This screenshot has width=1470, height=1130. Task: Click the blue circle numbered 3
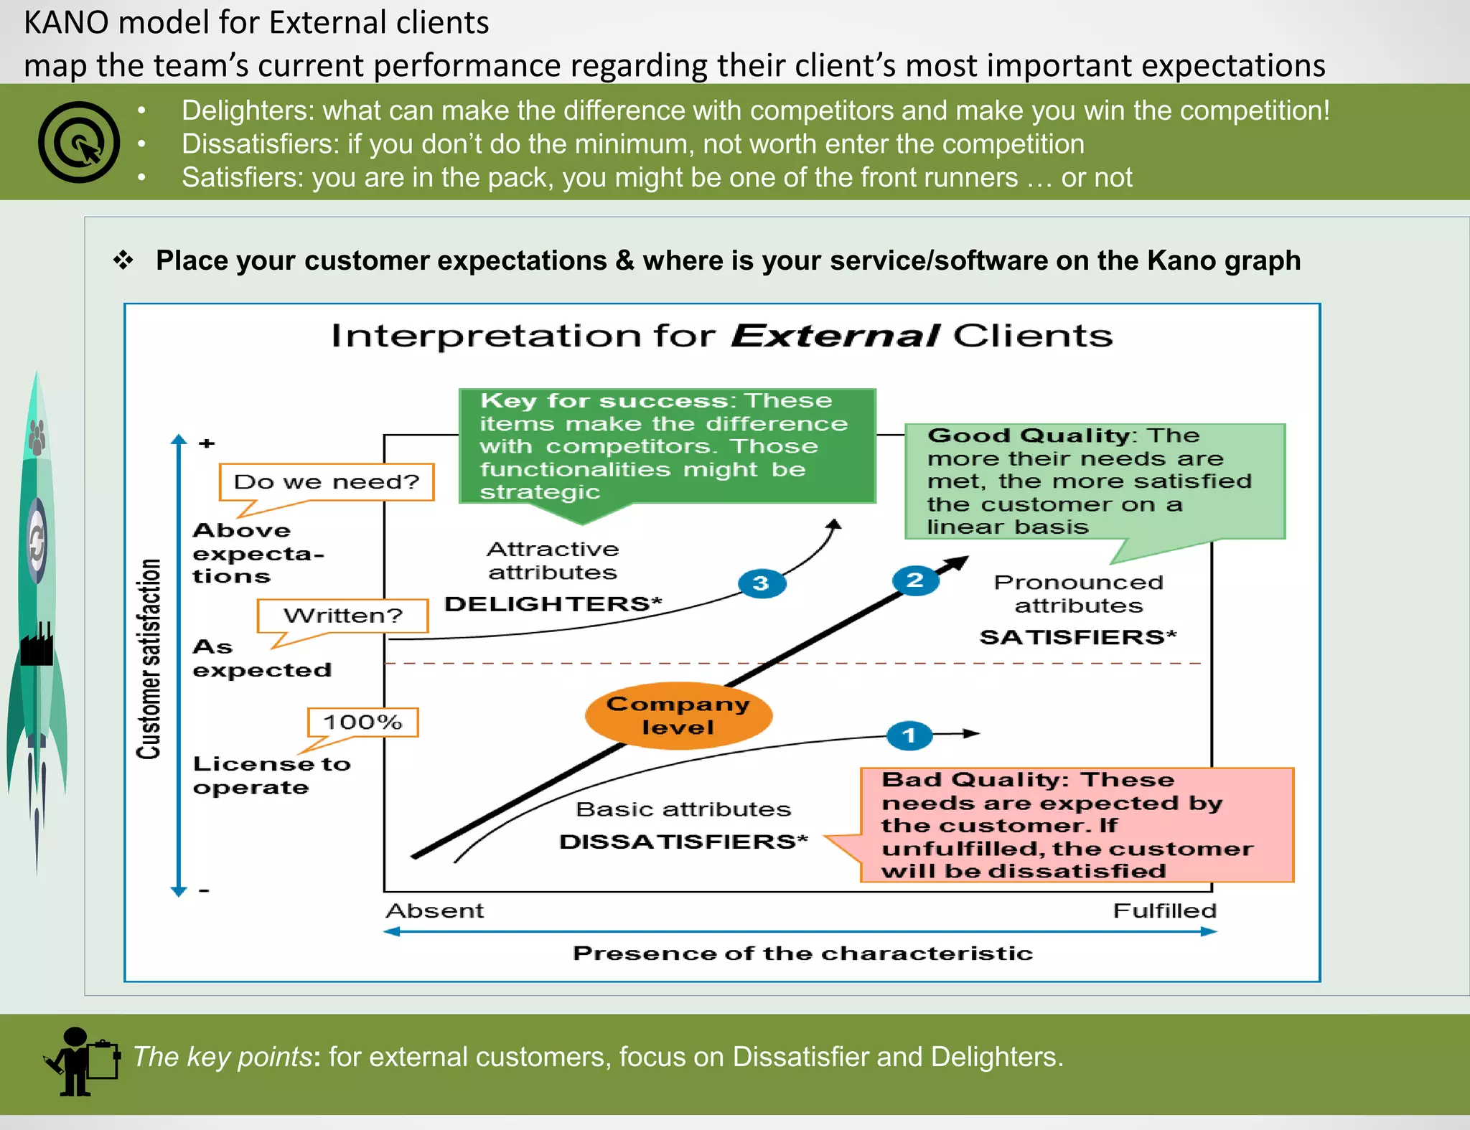(762, 583)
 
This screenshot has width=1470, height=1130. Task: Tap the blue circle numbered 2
(915, 580)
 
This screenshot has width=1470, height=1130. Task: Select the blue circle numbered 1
(909, 735)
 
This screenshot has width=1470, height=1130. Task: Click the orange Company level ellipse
(678, 715)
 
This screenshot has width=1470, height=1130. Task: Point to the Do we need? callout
(327, 482)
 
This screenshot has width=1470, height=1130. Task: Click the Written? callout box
(343, 616)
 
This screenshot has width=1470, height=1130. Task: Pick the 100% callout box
(362, 722)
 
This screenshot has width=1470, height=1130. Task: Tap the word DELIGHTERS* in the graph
(553, 604)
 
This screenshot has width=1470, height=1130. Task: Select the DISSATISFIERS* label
(683, 842)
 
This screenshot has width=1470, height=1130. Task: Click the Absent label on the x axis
(435, 910)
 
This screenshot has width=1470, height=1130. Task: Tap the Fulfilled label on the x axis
(1164, 910)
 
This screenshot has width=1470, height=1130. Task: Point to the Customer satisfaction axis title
(149, 659)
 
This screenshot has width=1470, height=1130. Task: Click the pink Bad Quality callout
(1077, 825)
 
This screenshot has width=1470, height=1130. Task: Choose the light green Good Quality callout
(1095, 481)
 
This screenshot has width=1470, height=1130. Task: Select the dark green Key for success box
(667, 446)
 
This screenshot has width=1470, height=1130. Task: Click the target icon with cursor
(79, 142)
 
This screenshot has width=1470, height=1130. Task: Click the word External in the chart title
(835, 336)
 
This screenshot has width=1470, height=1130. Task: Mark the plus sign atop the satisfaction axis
(207, 443)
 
